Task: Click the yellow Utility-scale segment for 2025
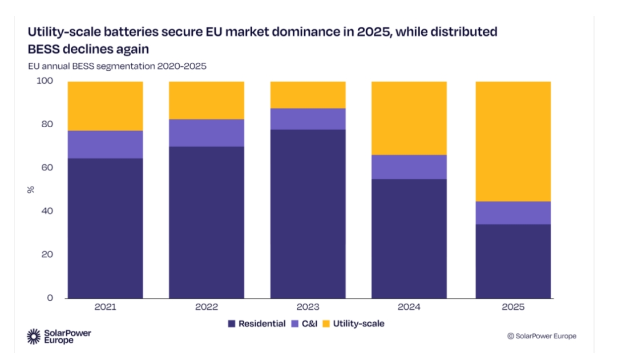(x=513, y=141)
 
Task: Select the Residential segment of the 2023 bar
(x=308, y=213)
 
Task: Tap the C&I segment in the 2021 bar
(x=105, y=144)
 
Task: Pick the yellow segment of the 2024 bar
(x=409, y=118)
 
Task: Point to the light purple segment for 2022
(x=207, y=132)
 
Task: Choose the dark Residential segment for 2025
(x=513, y=261)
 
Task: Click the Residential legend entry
(x=257, y=323)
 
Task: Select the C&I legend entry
(x=306, y=323)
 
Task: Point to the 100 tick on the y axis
(x=46, y=81)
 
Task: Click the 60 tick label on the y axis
(x=48, y=168)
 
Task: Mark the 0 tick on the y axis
(x=50, y=298)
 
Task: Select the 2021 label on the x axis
(x=106, y=307)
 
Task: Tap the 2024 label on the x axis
(x=409, y=307)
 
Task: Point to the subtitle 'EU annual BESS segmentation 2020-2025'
(x=117, y=66)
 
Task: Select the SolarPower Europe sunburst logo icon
(x=34, y=337)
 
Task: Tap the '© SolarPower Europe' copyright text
(x=542, y=336)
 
